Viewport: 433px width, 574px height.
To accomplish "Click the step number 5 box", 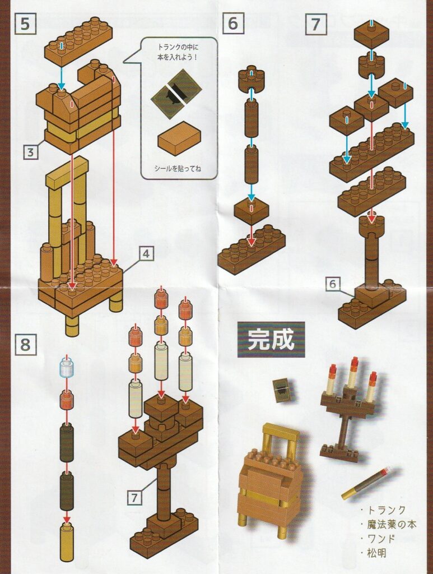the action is [25, 24].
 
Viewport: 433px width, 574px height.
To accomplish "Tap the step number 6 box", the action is [232, 24].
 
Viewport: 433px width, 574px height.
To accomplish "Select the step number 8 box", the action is [25, 345].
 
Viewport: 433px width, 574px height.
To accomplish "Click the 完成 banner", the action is [271, 339].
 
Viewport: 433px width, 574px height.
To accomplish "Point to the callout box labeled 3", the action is [31, 152].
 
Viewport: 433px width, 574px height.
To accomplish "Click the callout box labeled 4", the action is [146, 253].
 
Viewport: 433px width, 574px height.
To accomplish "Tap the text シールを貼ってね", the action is [178, 169].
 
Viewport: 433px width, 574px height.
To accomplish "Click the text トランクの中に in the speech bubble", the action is [178, 48].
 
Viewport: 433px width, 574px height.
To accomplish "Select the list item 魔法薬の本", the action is [388, 525].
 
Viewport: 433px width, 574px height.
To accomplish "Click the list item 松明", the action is [373, 553].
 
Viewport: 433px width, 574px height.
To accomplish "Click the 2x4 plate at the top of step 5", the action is [78, 41].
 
